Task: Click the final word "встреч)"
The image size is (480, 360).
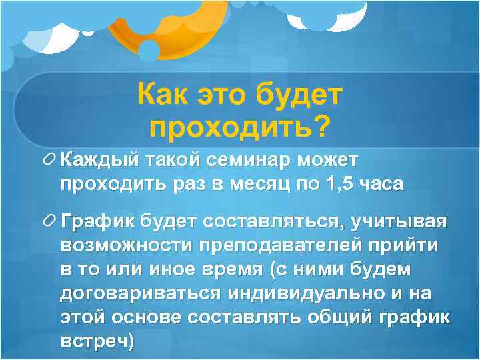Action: pos(97,341)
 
